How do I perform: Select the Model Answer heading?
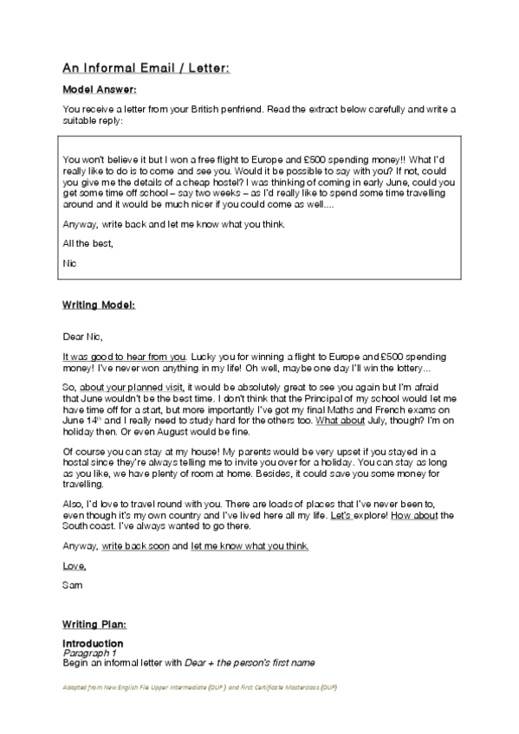coord(100,89)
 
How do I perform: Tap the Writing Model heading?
coord(99,306)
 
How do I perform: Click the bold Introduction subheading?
coord(93,644)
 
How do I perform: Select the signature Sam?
coord(73,584)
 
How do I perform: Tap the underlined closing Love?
coord(75,566)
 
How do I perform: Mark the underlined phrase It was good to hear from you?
coord(125,356)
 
